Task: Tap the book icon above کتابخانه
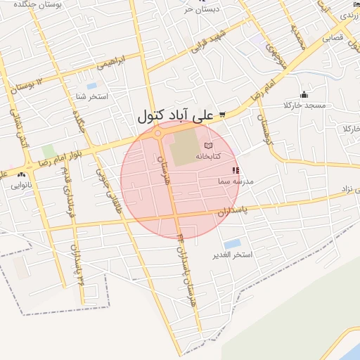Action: [x=207, y=144]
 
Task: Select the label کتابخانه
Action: [x=208, y=155]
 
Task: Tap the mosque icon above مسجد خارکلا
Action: [x=304, y=95]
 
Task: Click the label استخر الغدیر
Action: [x=232, y=255]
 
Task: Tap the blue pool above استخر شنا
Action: [x=92, y=86]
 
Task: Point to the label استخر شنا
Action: [x=93, y=96]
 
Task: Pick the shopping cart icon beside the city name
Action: [x=222, y=115]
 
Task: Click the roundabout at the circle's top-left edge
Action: [x=157, y=134]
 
